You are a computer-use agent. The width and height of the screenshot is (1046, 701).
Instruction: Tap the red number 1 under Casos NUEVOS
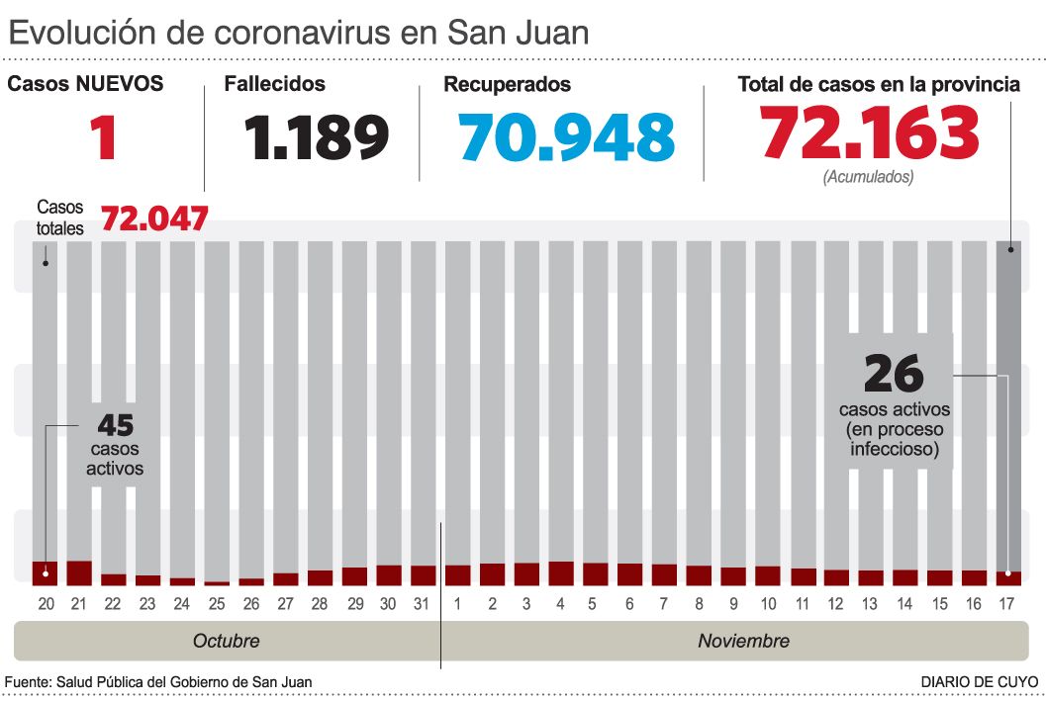(x=103, y=137)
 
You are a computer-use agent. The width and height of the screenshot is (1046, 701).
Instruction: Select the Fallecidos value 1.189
(x=318, y=137)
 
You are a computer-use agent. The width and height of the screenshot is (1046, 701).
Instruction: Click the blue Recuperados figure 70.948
(x=567, y=137)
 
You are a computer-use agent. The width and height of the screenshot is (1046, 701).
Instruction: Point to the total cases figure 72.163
(x=870, y=133)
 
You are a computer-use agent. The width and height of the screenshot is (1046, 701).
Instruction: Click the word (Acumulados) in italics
(x=868, y=178)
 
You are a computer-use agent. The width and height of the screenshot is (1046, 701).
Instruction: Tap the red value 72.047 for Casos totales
(x=154, y=219)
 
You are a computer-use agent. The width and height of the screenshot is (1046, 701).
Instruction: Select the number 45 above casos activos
(x=115, y=425)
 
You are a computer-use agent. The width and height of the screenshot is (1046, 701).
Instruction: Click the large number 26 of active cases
(x=894, y=375)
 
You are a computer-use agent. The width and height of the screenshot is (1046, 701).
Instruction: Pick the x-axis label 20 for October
(x=46, y=602)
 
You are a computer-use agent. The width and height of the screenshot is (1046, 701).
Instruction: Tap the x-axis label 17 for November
(x=1008, y=602)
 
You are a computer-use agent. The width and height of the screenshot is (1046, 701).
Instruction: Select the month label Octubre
(x=226, y=641)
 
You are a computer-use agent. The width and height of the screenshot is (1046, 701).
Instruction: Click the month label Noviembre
(x=743, y=641)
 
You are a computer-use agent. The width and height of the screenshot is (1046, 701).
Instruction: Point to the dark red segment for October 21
(x=79, y=573)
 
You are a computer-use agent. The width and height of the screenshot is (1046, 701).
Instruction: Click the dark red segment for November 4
(x=561, y=573)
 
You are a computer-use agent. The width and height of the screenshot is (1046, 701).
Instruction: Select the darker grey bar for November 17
(x=1008, y=395)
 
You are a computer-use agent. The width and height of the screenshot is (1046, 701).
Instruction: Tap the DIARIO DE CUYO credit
(x=979, y=682)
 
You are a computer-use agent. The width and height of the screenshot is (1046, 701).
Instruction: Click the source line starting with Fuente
(x=158, y=682)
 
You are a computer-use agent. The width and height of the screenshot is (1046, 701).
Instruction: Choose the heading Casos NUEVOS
(x=85, y=85)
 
